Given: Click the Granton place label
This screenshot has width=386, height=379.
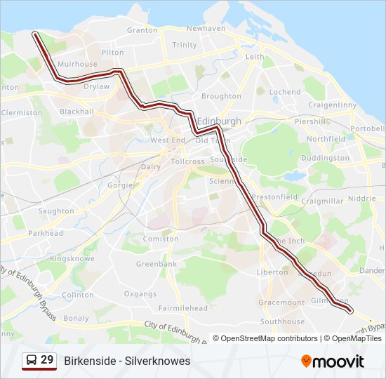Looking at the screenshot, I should [142, 30].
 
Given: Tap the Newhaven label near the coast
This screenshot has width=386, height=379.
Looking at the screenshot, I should [206, 29].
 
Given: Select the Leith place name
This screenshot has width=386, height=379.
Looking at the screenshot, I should [255, 57].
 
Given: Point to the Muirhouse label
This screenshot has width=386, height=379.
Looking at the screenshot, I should [77, 64].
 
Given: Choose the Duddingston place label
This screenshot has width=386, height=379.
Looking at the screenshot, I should [325, 158].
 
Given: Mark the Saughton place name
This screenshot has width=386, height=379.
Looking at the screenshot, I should [56, 211].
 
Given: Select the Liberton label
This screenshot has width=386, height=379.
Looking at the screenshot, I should [272, 272].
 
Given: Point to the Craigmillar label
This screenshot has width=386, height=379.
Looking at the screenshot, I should [322, 201].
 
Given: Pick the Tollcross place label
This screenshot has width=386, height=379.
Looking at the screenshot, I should [187, 161].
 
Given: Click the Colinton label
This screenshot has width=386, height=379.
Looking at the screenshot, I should [77, 295].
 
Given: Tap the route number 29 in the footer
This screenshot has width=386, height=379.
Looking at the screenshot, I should [47, 360].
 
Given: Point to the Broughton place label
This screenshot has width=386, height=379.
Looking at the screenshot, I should [221, 96].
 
